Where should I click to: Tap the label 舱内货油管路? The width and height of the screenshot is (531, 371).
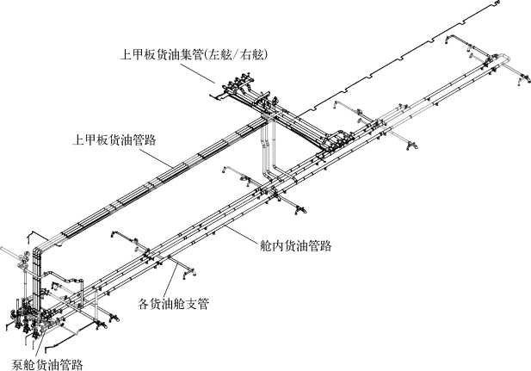coord(296,245)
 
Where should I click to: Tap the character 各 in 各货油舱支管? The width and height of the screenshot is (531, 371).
coord(144,303)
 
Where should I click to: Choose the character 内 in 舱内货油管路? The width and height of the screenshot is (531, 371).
coord(277,245)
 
